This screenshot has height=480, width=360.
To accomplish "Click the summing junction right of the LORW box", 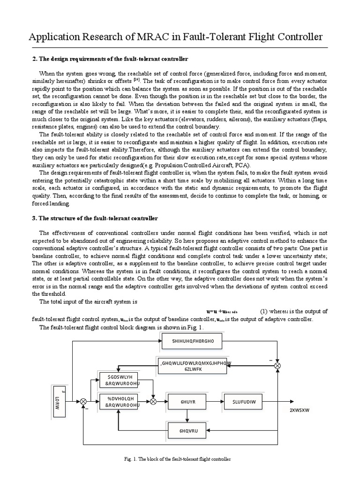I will (84, 402).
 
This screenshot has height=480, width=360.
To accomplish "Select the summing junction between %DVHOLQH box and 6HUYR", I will (153, 402).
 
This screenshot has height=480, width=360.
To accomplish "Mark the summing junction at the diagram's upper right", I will (278, 365).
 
